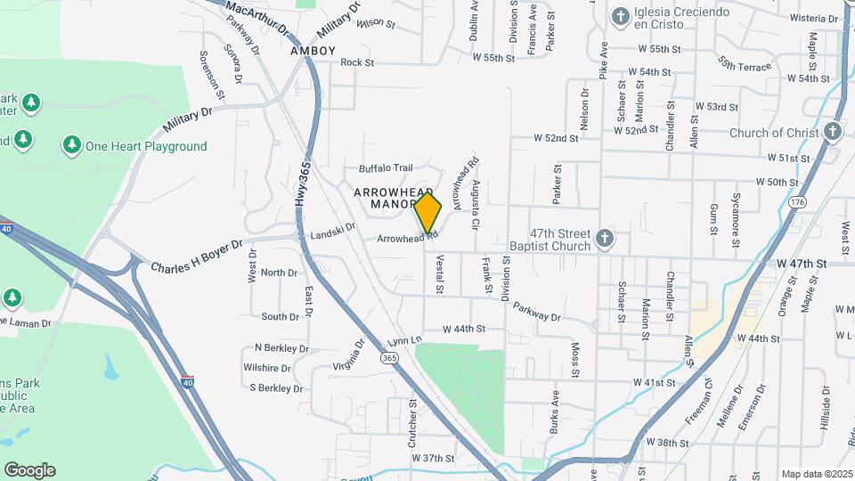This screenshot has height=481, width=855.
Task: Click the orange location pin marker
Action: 428,214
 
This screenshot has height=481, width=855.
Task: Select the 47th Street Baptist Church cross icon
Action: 605,238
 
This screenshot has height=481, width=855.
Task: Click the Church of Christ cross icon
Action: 833,133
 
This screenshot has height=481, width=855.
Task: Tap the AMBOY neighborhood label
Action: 313,51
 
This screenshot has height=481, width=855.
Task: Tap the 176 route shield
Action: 796,203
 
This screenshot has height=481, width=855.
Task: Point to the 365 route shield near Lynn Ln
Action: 388,357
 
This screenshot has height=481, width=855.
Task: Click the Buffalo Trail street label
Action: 386,167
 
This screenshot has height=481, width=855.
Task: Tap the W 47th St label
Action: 802,264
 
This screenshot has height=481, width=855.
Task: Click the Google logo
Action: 29,470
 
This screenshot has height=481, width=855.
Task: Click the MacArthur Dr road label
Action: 258,18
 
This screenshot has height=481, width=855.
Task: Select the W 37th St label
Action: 433,458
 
